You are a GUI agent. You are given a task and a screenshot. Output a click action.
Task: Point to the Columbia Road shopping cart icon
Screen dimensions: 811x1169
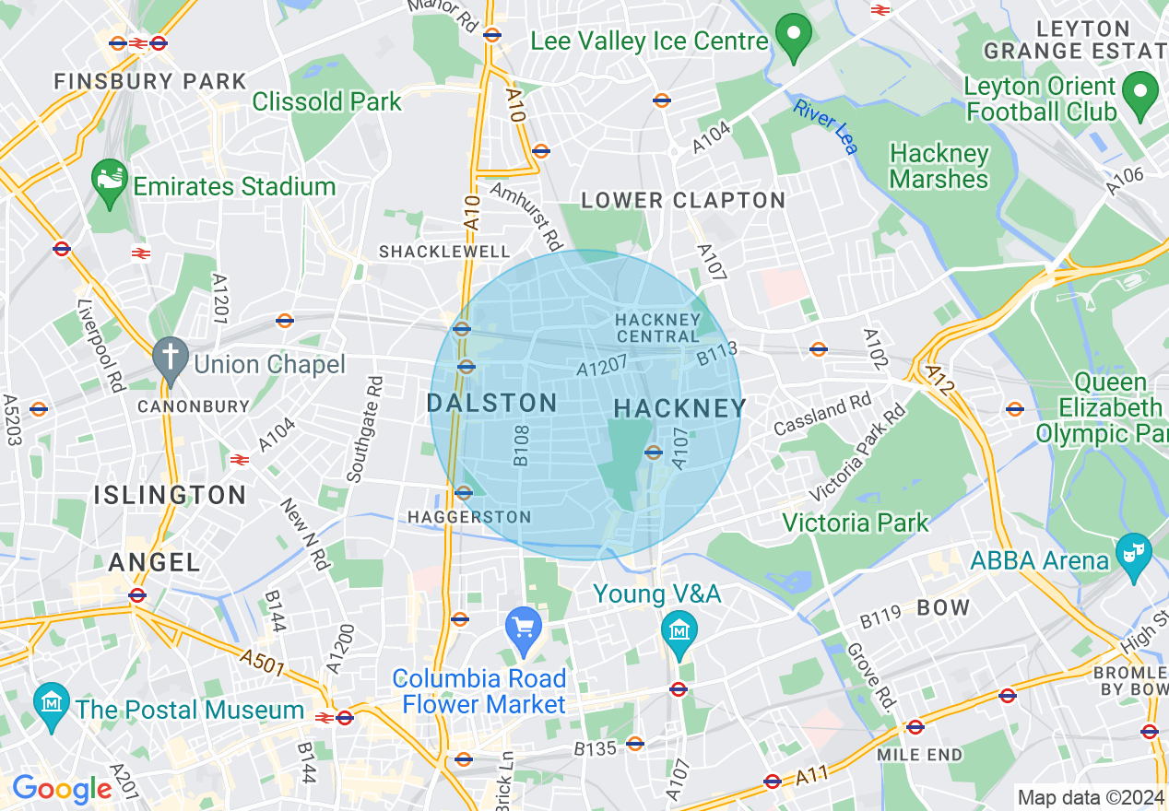523,629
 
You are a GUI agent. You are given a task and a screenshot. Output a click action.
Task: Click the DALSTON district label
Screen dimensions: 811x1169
491,403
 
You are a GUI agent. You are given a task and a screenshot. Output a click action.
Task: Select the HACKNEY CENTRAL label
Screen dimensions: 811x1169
658,327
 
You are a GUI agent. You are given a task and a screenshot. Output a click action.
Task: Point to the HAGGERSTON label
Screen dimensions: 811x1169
469,517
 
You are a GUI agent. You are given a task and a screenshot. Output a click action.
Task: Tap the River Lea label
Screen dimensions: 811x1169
825,125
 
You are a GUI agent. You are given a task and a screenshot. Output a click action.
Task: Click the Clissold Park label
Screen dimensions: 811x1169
327,101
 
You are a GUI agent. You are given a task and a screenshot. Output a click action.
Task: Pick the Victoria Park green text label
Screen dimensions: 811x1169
856,523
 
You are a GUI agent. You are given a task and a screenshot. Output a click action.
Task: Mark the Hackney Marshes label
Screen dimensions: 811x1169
939,167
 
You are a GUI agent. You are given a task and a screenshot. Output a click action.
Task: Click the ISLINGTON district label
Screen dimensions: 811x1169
170,495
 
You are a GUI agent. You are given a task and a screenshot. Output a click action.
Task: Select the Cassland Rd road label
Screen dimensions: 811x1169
822,416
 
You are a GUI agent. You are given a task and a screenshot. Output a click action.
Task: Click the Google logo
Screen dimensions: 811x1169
61,790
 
